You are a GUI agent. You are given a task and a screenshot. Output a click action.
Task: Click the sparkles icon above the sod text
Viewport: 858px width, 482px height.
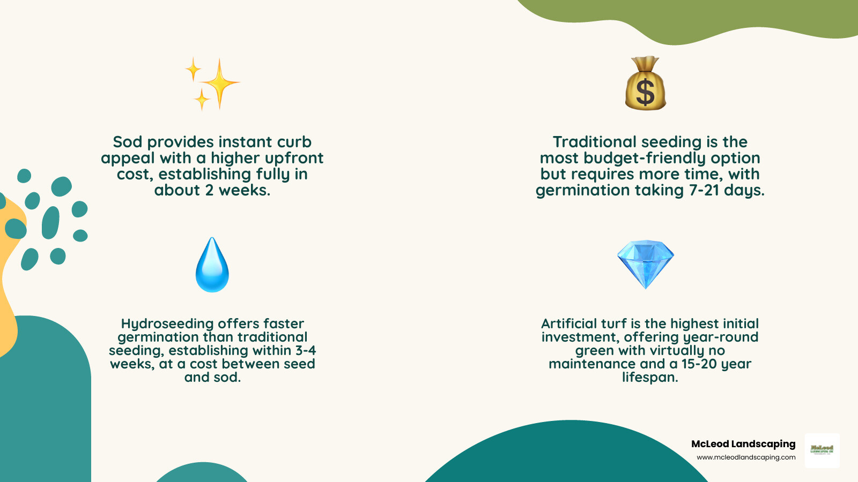tap(212, 84)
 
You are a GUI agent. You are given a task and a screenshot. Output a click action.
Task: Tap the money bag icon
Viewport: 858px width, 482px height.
tap(646, 84)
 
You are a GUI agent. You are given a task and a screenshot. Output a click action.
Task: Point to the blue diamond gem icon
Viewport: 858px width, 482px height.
tap(646, 263)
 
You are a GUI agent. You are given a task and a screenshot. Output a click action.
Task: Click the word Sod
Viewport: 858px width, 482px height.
tap(128, 142)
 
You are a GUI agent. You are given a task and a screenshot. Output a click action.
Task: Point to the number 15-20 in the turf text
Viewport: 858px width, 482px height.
tap(699, 364)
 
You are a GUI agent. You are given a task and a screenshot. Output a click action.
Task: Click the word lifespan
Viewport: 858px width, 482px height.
tap(650, 378)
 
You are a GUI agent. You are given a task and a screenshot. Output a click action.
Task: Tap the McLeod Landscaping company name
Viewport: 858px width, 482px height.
tap(743, 444)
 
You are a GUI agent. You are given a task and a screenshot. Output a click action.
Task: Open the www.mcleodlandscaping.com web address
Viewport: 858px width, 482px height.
tap(746, 457)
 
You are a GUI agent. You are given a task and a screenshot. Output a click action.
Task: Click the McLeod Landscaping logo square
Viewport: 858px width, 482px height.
tap(822, 450)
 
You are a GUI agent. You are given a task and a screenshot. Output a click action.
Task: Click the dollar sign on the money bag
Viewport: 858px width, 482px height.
tap(645, 92)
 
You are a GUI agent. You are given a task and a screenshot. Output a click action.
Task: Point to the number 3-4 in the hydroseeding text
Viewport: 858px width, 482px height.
tap(306, 351)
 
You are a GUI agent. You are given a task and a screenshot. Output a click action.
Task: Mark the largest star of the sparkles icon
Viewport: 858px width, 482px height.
tap(220, 84)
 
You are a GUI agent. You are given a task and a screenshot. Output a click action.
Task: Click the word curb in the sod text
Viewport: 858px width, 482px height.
tap(294, 142)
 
